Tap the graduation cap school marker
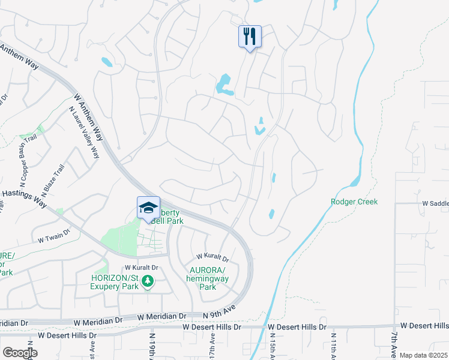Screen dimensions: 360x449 point(148,208)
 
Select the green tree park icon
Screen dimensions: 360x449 point(149,281)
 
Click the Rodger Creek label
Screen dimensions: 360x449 point(354,202)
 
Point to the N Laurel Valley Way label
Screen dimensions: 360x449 point(84,133)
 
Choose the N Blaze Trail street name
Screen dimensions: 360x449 point(53,181)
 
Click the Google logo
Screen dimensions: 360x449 point(20,353)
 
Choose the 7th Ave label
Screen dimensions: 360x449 point(393,345)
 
